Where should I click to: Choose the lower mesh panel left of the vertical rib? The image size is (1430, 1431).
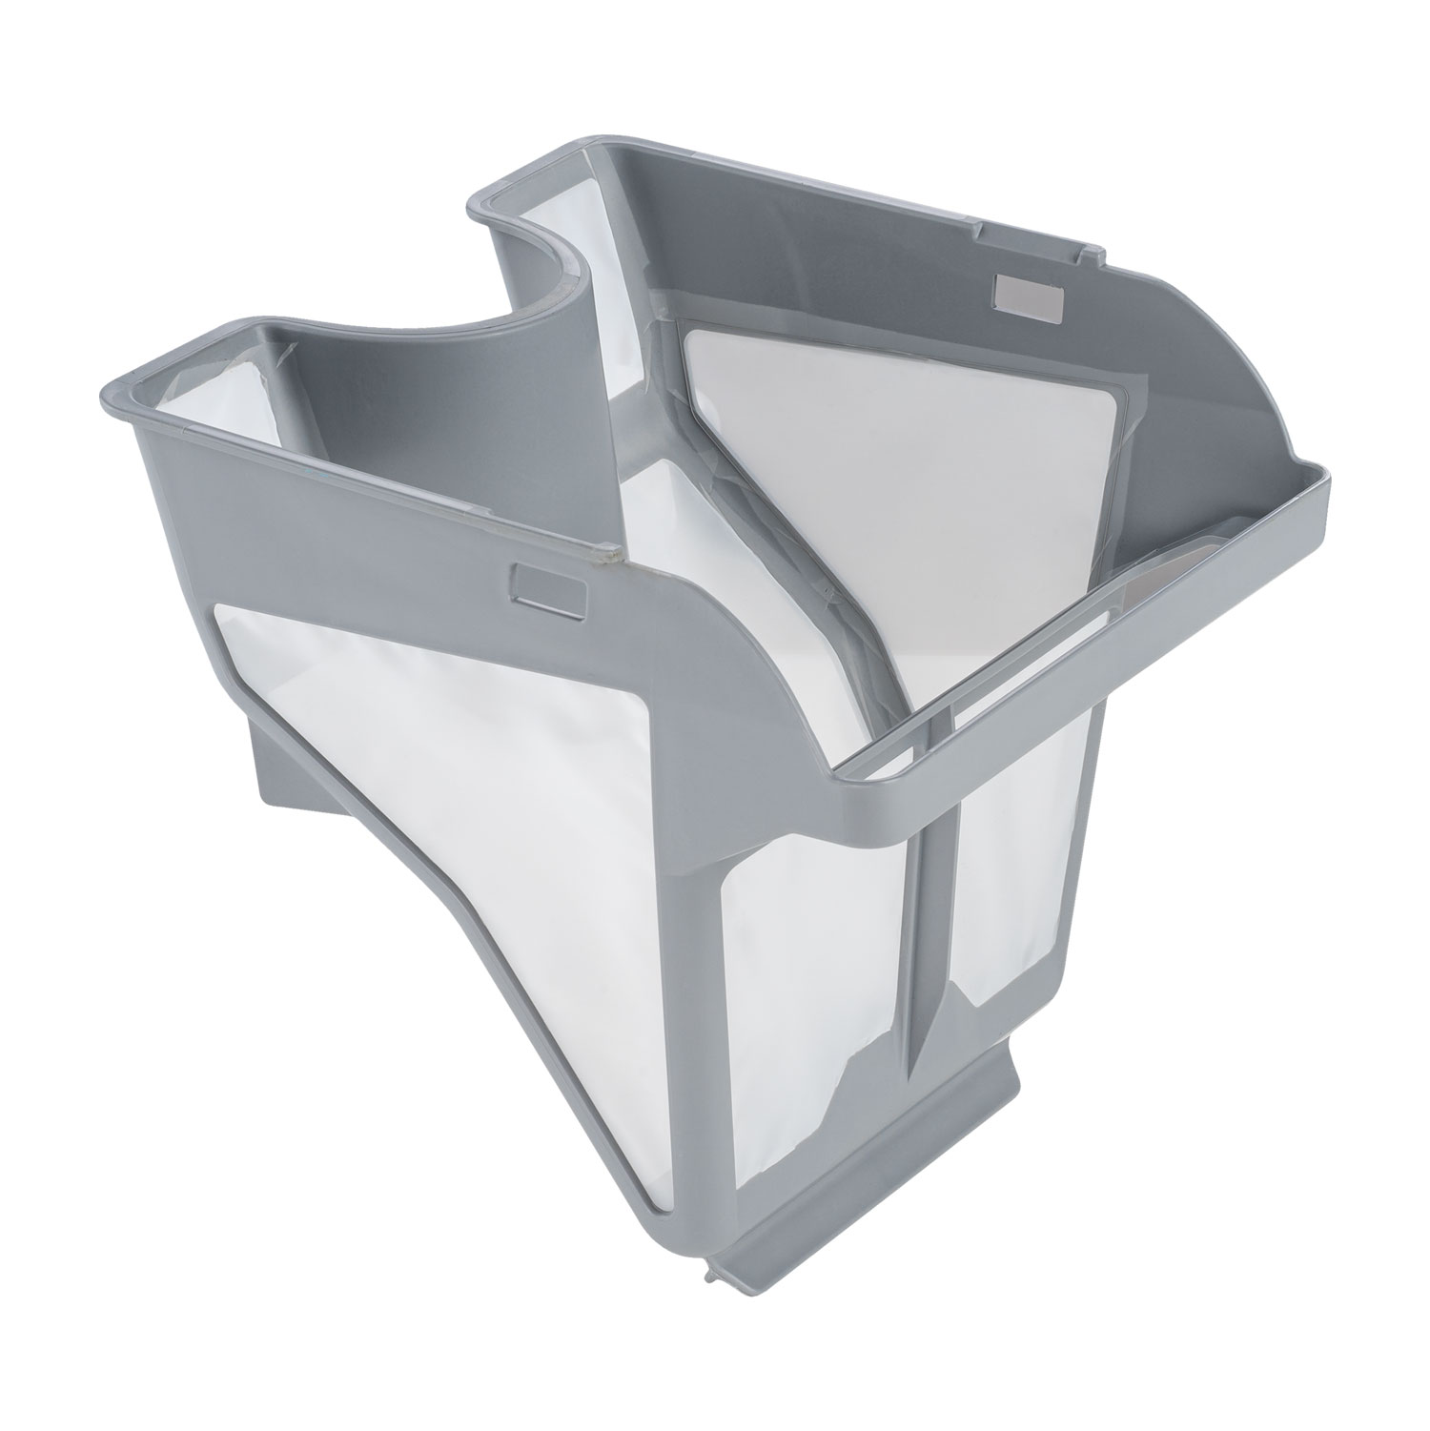pyautogui.click(x=810, y=953)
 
